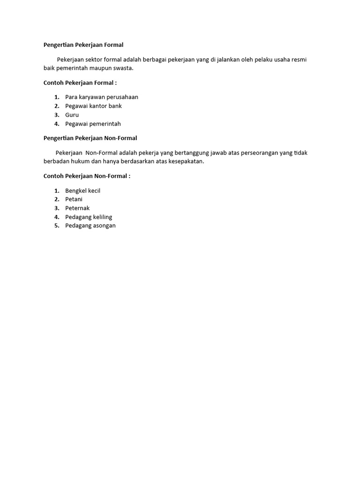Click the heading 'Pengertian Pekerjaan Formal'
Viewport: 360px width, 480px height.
(83, 45)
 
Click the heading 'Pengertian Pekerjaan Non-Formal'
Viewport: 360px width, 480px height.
(90, 138)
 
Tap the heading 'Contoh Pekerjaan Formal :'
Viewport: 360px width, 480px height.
(80, 83)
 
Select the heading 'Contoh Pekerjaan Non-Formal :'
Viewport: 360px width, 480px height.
(87, 176)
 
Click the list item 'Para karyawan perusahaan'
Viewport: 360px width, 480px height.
(102, 97)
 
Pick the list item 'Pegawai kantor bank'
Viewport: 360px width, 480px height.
(93, 106)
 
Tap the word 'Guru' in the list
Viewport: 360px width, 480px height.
(72, 115)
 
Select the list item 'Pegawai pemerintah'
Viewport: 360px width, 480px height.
(93, 124)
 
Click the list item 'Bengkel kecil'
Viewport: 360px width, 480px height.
(82, 191)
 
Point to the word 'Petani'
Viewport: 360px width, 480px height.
(74, 199)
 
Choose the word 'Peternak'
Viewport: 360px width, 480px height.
(77, 208)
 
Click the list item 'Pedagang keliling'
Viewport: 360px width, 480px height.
(89, 217)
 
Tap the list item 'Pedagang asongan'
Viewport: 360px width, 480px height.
(90, 225)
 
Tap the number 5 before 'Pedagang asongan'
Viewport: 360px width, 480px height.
(56, 225)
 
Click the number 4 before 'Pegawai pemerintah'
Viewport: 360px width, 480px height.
(56, 124)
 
